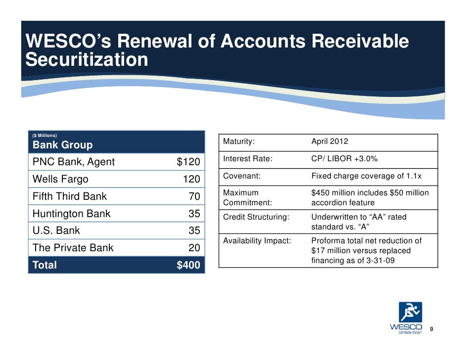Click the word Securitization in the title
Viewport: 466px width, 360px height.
[x=87, y=60]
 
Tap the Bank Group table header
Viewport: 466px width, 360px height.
[x=62, y=145]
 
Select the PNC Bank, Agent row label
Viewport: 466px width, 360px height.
[x=73, y=162]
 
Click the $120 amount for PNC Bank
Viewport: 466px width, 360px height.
[x=188, y=162]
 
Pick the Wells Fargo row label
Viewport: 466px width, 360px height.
[x=60, y=179]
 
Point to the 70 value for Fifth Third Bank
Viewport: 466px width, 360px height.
[x=194, y=197]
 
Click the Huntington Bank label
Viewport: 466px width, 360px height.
[x=71, y=214]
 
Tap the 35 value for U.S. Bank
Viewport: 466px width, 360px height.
[x=194, y=231]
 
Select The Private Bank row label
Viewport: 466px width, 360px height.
[x=73, y=248]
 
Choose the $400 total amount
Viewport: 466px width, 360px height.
[x=188, y=266]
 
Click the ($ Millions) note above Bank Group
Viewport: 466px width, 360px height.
[x=45, y=135]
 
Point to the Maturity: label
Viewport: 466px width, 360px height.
[x=239, y=142]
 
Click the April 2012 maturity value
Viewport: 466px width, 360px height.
[x=329, y=142]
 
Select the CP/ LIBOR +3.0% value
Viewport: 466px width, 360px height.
[x=344, y=159]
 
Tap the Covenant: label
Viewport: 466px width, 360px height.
[x=241, y=176]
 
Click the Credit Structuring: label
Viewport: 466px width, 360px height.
[x=255, y=217]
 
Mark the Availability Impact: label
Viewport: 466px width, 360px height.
[x=257, y=241]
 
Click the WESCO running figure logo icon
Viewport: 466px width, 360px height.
[x=411, y=312]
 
